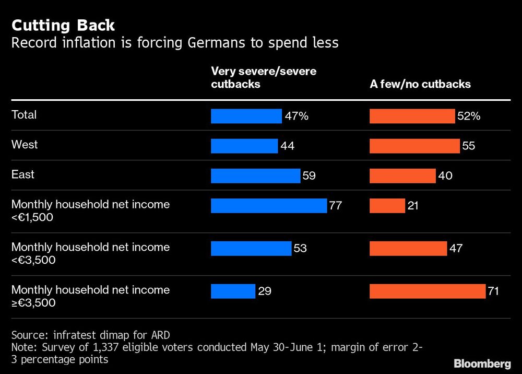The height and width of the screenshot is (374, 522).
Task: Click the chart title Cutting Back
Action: point(63,25)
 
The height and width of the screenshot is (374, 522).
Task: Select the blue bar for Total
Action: point(246,116)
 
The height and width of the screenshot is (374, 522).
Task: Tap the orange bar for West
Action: point(414,146)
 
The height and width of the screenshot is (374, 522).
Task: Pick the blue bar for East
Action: point(255,176)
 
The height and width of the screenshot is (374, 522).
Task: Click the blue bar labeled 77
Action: point(268,205)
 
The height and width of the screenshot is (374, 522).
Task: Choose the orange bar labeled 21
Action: point(387,205)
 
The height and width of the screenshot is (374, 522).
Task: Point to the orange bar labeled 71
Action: point(427,291)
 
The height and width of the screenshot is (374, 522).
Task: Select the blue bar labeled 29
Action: point(233,291)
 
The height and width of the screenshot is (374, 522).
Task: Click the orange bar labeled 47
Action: point(408,248)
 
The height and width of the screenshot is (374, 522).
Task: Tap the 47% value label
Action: point(297,116)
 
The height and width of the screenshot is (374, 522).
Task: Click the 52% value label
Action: point(468,116)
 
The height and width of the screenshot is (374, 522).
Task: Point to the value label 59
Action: point(309,176)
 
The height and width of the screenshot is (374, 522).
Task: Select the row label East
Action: point(23,174)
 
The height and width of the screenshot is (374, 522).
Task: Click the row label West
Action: point(25,144)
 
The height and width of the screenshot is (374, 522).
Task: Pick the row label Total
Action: point(24,114)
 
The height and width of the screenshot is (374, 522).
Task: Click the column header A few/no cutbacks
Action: point(420,84)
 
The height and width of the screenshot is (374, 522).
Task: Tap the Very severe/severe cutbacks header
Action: point(263,77)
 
